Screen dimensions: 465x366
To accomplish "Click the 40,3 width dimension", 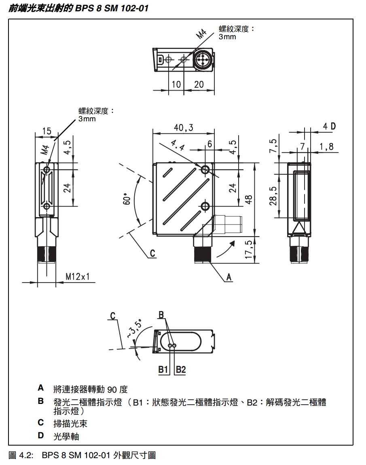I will [x=184, y=128].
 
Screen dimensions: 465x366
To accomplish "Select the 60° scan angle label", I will [x=126, y=199].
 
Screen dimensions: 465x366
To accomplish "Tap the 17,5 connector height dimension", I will [x=249, y=249].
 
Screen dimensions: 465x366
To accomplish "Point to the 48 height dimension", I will [x=249, y=199].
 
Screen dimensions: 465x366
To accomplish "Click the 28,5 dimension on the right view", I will [x=274, y=196].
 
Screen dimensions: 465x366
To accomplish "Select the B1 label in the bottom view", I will [x=163, y=369].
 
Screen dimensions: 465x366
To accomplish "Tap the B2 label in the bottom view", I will [x=180, y=369].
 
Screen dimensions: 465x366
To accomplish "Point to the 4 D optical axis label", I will [x=329, y=126].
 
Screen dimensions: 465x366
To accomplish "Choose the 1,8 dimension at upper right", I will [x=326, y=146].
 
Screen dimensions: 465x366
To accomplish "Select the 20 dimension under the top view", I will [x=199, y=84].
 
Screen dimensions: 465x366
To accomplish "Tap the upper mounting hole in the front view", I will [x=205, y=169].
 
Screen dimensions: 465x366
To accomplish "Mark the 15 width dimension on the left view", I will [x=47, y=131].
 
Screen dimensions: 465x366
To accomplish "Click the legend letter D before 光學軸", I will [x=41, y=435].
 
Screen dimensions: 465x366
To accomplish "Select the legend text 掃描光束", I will [x=70, y=423].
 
